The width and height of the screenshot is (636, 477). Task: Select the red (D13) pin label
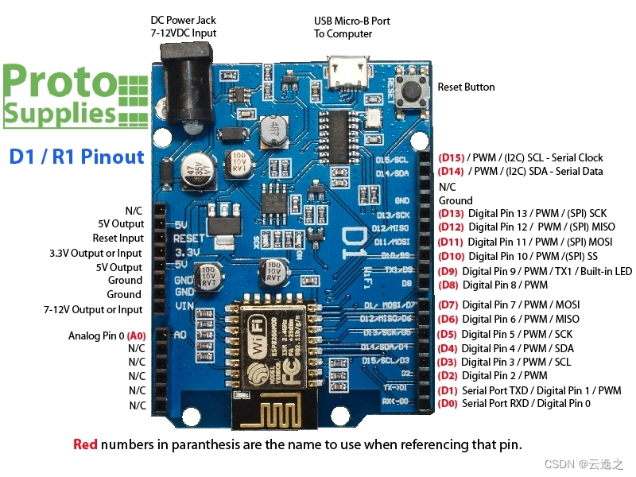[x=451, y=213]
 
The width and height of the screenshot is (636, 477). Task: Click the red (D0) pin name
[x=447, y=404]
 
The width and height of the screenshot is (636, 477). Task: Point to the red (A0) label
[x=137, y=335]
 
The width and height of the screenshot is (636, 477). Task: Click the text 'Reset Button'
[x=466, y=87]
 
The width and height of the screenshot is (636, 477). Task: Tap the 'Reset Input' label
[x=118, y=238]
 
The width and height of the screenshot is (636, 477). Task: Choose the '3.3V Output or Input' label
[x=95, y=253]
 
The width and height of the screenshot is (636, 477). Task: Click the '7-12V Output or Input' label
[x=93, y=309]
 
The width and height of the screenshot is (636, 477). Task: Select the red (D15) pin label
[x=451, y=157]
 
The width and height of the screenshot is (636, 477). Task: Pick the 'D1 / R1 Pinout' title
[x=77, y=157]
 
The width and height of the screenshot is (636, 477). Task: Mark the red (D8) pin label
[x=448, y=285]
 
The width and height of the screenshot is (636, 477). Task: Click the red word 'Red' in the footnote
[x=85, y=444]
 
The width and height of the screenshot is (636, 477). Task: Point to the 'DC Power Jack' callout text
[x=183, y=21]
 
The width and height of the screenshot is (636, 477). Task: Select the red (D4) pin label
[x=448, y=348]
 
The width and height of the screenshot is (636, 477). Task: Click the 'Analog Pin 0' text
[x=96, y=335]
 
